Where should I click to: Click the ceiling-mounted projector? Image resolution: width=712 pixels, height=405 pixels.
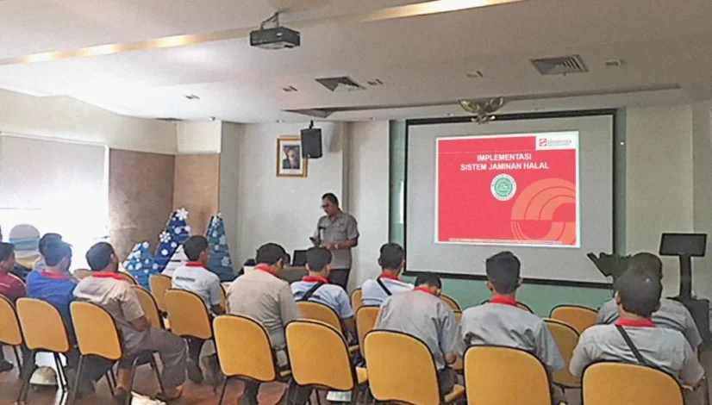(274, 37)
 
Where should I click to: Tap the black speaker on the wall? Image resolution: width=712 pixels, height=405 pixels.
(310, 141)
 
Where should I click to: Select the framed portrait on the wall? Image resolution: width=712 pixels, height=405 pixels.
(291, 157)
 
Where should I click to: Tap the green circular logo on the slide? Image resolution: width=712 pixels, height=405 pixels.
(502, 186)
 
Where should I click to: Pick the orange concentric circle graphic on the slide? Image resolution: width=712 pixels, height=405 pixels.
(543, 210)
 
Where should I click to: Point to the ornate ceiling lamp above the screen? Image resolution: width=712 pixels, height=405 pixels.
(482, 108)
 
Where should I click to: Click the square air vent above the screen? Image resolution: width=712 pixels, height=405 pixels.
(558, 65)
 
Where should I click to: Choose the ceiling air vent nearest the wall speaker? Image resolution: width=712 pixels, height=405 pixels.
(339, 84)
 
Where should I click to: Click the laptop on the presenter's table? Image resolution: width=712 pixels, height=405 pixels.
(300, 257)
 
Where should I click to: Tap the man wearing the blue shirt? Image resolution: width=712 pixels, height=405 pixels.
(52, 277)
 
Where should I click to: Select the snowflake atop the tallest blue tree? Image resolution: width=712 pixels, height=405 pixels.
(181, 214)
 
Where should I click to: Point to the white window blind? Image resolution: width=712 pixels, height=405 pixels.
(52, 181)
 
